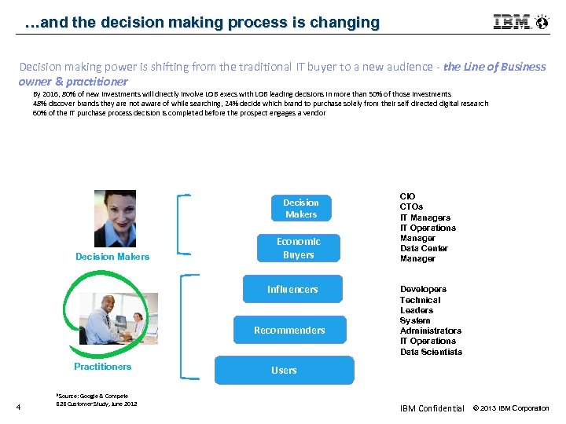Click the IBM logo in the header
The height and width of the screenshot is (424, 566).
pos(511,22)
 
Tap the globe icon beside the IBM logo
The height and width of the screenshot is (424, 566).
pos(542,22)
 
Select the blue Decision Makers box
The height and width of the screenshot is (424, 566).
pos(300,208)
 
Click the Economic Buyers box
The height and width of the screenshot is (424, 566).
pos(298,248)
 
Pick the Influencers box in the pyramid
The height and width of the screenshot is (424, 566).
pos(292,289)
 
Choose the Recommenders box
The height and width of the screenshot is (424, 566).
pos(289,330)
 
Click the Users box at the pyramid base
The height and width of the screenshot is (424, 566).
pos(284,370)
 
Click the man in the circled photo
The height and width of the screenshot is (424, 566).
pos(108,323)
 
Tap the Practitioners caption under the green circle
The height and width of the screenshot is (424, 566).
pos(102,367)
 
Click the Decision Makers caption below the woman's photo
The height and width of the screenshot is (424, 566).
pos(112,257)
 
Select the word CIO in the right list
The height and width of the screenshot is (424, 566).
pos(407,196)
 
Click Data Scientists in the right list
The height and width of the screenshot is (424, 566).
pos(431,352)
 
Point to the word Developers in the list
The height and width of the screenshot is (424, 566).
pos(423,290)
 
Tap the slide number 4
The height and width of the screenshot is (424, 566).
pos(18,406)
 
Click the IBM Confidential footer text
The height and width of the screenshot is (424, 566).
pos(432,408)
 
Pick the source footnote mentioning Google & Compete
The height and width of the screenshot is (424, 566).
pos(97,400)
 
